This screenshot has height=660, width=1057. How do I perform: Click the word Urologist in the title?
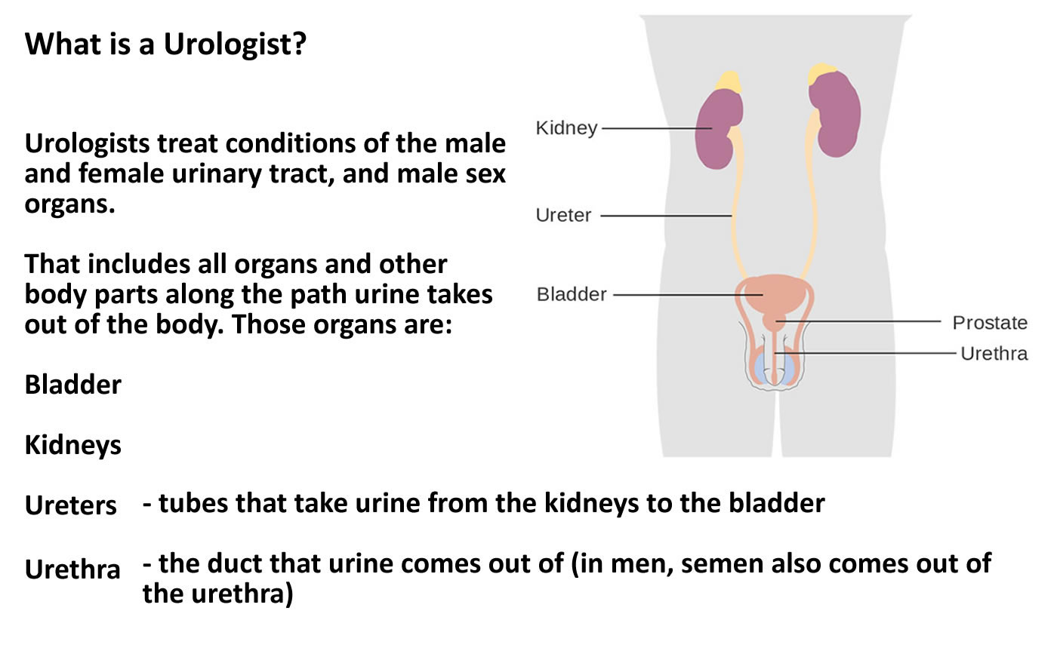[231, 45]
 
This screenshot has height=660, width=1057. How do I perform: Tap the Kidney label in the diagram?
[567, 128]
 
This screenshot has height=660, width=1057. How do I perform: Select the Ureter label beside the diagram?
[563, 216]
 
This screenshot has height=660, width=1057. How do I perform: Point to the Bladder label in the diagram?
[572, 294]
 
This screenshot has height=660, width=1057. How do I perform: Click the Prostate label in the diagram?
[990, 323]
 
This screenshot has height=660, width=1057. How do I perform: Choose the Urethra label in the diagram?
[994, 354]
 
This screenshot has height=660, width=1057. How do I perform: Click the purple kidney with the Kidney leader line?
[718, 128]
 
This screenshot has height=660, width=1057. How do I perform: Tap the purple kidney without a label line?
[835, 114]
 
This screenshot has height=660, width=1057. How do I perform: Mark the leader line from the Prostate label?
[858, 321]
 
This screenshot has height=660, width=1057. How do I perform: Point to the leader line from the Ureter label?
[666, 216]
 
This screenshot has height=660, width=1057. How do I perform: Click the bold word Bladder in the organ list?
[72, 385]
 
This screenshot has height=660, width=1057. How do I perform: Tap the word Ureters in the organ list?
[70, 506]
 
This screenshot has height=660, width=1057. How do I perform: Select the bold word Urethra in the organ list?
[72, 569]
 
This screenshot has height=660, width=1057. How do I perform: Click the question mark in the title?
[299, 44]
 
